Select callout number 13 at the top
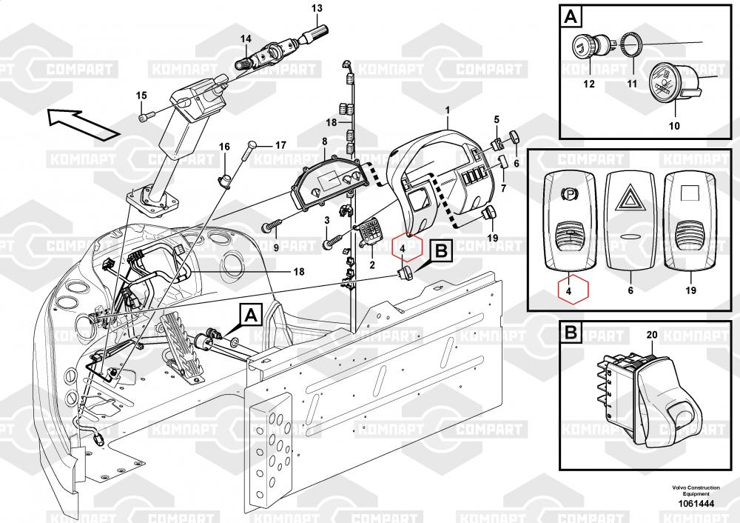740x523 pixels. (317, 8)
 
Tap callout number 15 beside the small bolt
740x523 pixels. (141, 95)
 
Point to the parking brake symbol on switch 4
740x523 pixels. (570, 194)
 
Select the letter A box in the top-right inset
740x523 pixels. (571, 16)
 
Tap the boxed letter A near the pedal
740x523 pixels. (251, 316)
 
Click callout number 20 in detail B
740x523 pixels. (651, 335)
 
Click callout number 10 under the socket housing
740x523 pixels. (673, 125)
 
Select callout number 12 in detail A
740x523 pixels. (588, 84)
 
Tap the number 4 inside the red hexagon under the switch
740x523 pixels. (568, 291)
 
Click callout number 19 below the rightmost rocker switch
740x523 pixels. (690, 291)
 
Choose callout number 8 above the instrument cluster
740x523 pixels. (323, 141)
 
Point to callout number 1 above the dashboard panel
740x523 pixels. (447, 110)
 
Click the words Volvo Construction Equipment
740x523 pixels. (696, 490)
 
